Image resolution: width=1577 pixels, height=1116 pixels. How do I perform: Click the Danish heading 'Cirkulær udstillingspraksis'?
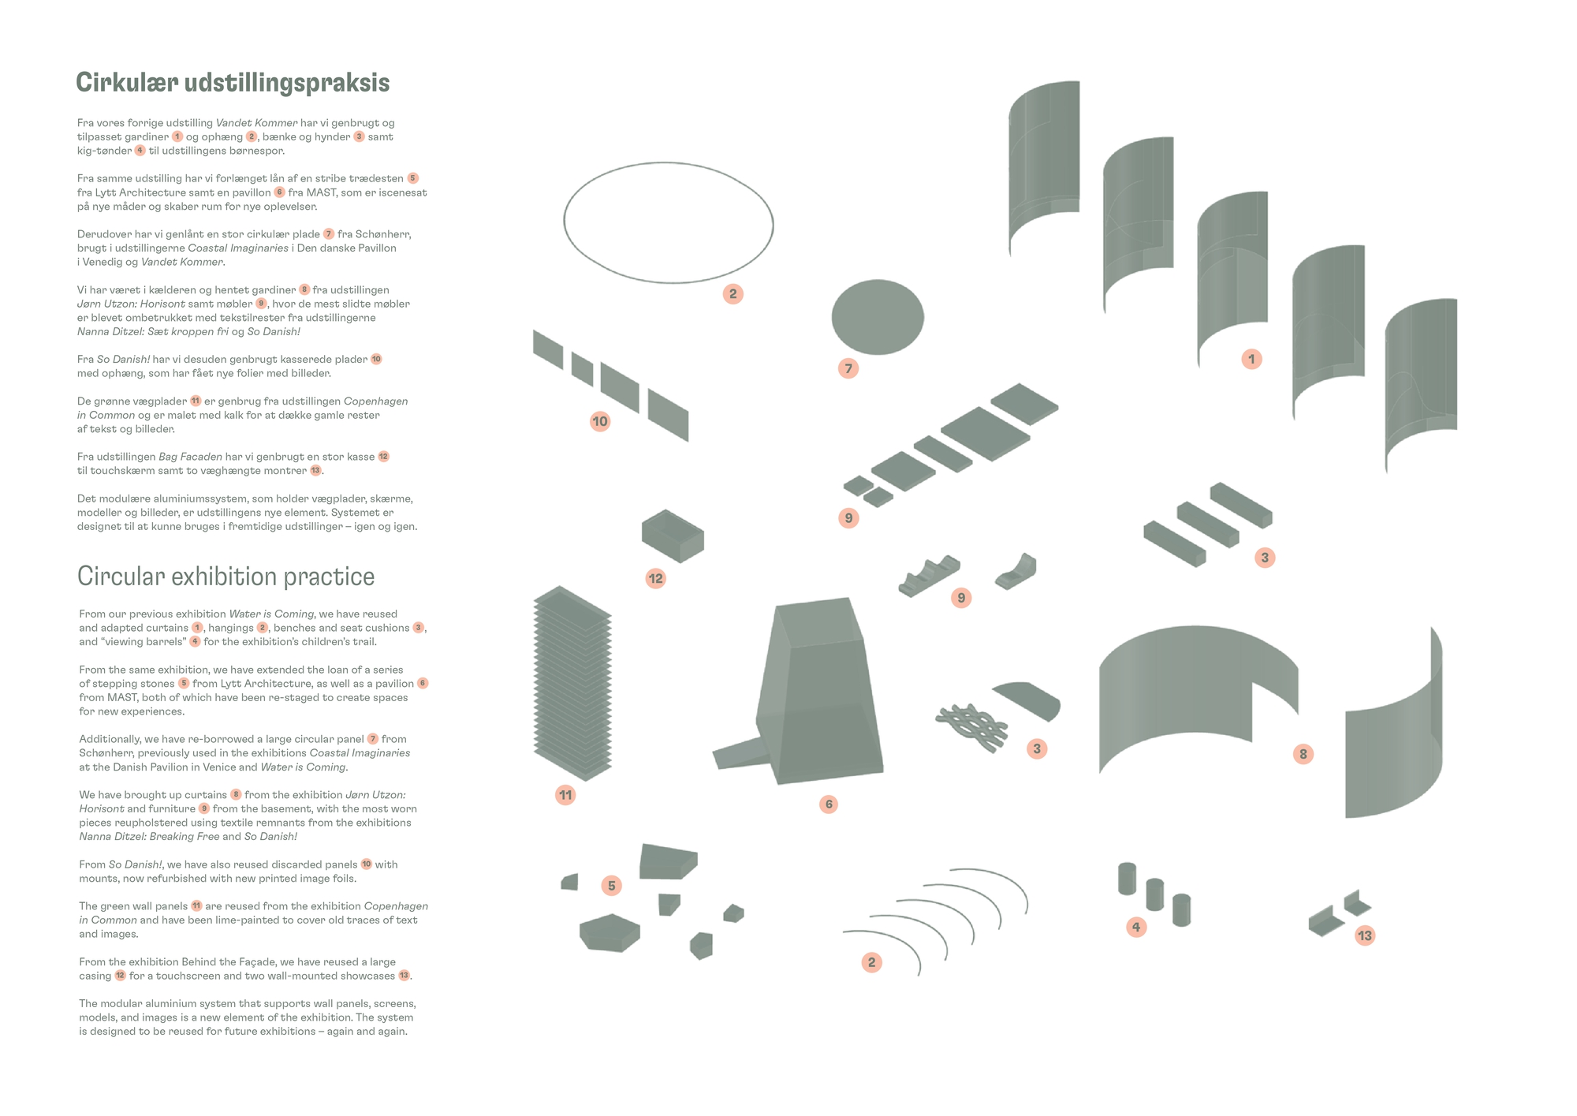click(233, 83)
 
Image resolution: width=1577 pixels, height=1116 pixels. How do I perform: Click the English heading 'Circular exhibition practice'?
click(226, 577)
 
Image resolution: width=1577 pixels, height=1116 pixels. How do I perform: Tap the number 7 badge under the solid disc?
click(848, 368)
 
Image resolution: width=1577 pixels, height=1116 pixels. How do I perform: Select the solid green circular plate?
click(878, 317)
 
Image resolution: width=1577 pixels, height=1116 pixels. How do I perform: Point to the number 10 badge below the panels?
click(600, 421)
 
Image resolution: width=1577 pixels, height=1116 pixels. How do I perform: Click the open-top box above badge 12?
click(673, 536)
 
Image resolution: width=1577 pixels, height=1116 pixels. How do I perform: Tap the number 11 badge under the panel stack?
click(565, 795)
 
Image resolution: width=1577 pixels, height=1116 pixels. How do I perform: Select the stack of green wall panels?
click(572, 683)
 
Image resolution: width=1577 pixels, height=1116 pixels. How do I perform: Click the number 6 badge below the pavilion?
click(828, 804)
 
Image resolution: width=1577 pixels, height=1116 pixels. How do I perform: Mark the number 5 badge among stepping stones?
click(611, 886)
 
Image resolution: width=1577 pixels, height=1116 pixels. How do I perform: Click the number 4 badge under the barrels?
click(1136, 927)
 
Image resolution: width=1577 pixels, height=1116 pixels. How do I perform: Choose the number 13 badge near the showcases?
click(1365, 936)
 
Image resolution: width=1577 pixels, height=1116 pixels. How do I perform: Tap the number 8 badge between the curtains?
click(1303, 754)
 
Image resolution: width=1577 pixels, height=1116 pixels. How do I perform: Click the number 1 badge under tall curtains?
click(1251, 360)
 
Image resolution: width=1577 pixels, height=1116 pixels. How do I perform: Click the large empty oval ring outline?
click(668, 222)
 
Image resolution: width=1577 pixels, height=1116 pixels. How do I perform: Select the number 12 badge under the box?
click(656, 578)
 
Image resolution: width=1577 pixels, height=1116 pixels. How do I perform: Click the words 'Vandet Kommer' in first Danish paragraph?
click(256, 123)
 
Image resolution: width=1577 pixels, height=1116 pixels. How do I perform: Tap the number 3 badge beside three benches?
click(1265, 558)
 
